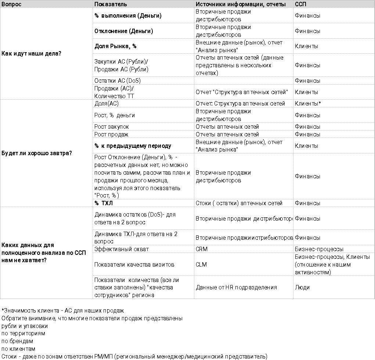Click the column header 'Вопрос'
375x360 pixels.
click(11, 4)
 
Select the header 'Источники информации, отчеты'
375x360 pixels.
click(241, 4)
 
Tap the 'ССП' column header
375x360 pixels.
click(300, 4)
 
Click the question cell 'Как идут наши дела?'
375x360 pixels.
click(31, 54)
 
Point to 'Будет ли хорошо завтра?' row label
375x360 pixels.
click(37, 153)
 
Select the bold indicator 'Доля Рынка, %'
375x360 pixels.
click(115, 46)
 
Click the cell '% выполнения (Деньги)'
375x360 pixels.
click(128, 16)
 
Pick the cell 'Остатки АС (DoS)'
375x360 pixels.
click(118, 81)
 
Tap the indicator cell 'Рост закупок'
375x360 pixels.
click(112, 127)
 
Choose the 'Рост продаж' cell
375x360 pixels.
click(111, 135)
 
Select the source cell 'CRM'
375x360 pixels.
click(202, 249)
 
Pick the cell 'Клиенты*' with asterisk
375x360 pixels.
click(308, 104)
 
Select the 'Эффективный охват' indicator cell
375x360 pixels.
click(122, 249)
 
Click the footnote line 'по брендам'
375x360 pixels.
click(17, 341)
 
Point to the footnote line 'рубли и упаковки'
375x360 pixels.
click(25, 326)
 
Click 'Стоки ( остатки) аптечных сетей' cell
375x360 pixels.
click(239, 203)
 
